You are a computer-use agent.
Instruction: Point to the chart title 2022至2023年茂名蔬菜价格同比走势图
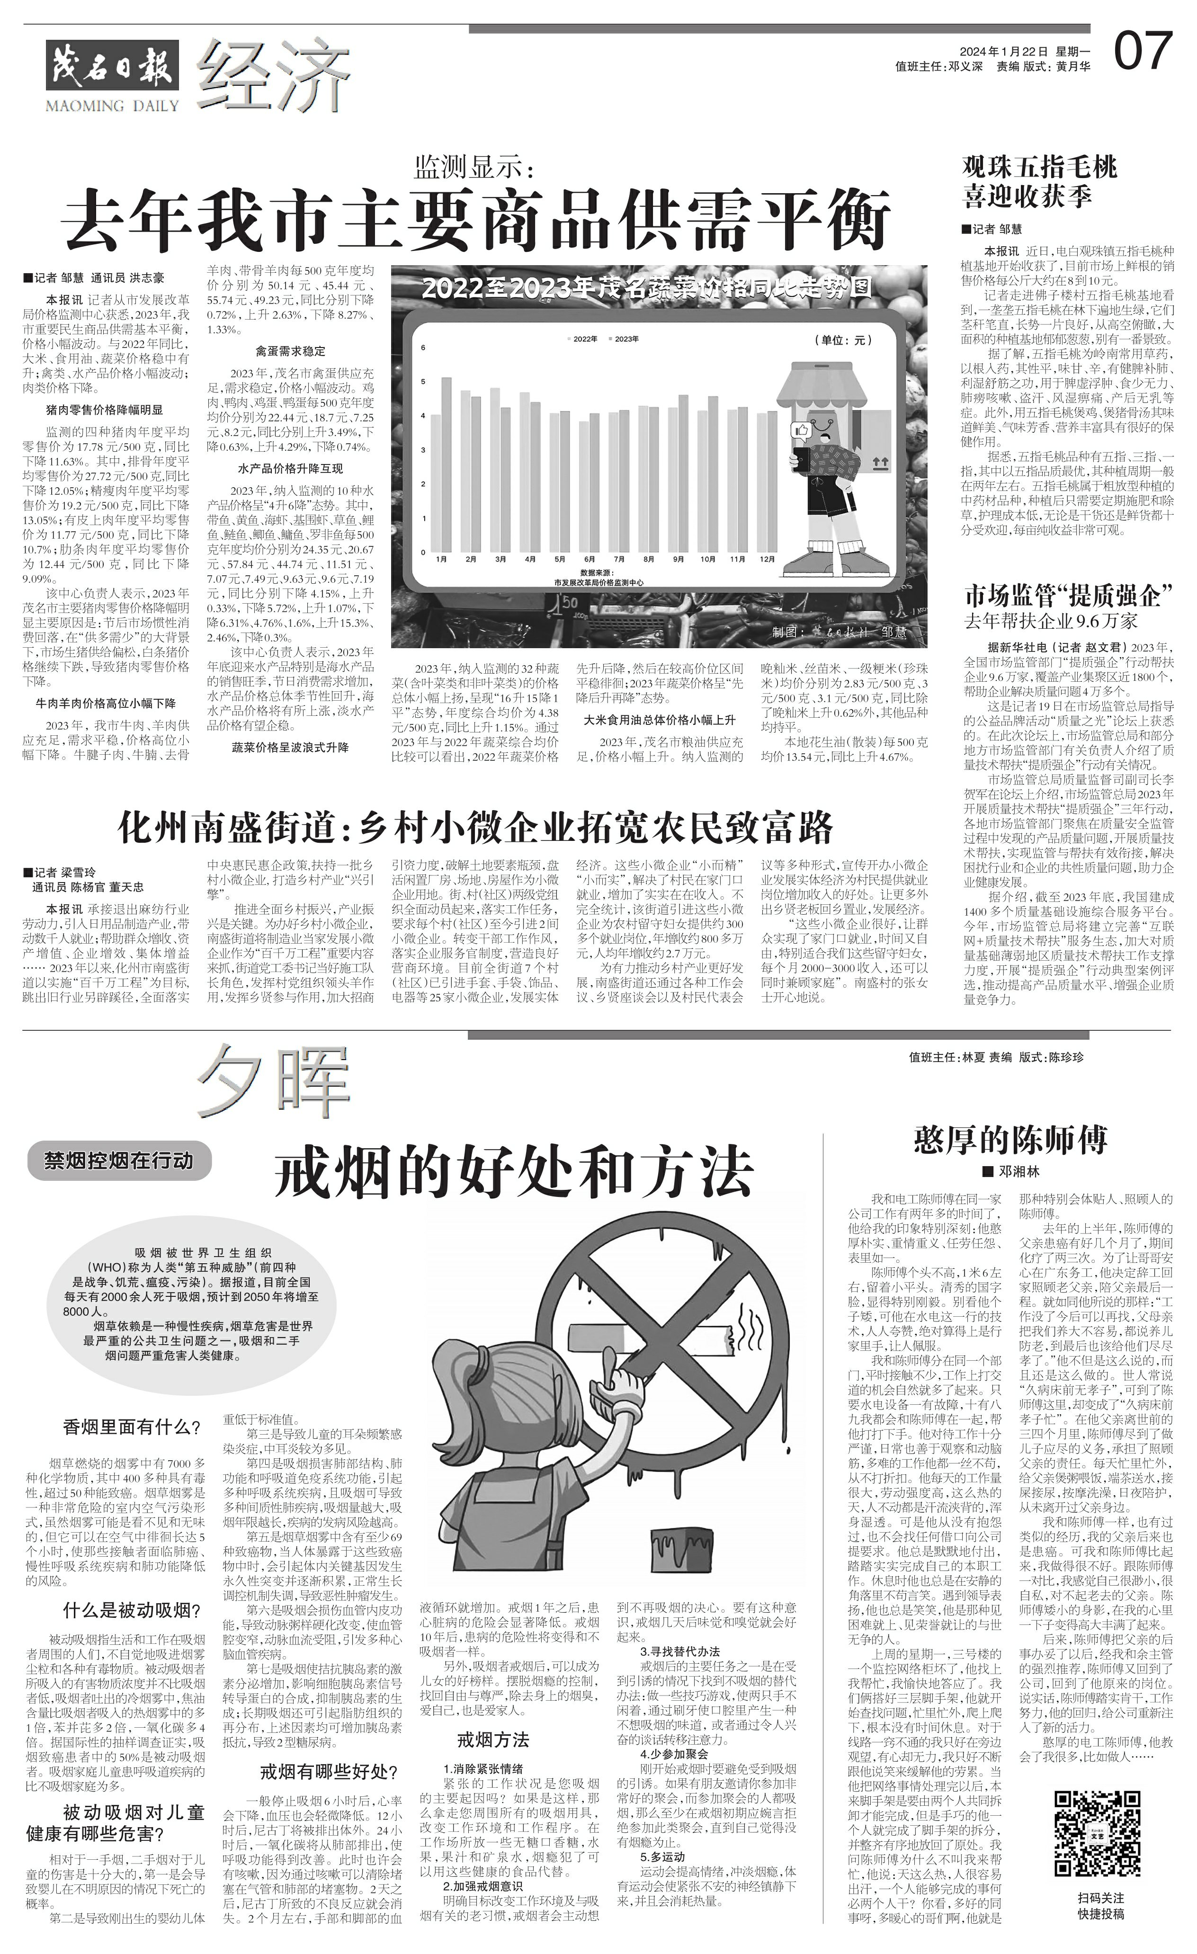646,286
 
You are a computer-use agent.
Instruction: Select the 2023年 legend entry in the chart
624,339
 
